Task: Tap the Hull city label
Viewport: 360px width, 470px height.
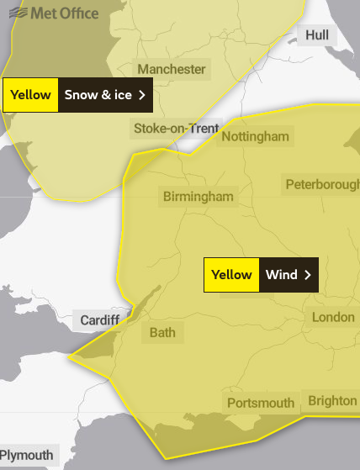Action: [317, 35]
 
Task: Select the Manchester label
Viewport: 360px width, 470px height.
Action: [171, 69]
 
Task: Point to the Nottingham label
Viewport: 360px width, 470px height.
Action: [254, 136]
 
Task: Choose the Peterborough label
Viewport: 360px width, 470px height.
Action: [322, 184]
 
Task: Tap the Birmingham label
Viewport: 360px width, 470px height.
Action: [199, 196]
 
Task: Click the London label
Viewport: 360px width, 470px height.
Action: [333, 317]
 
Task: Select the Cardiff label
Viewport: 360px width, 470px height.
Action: [100, 320]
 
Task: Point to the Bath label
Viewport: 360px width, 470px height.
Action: [162, 332]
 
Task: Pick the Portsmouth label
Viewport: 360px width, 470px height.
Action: [261, 404]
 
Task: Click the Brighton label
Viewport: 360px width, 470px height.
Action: [332, 400]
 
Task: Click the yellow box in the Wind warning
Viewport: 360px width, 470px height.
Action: [231, 275]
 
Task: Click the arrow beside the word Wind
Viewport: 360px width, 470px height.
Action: [308, 275]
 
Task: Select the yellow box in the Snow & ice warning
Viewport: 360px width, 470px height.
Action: [30, 95]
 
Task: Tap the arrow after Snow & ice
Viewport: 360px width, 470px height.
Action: [142, 95]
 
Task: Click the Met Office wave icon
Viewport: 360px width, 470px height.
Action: [16, 13]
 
